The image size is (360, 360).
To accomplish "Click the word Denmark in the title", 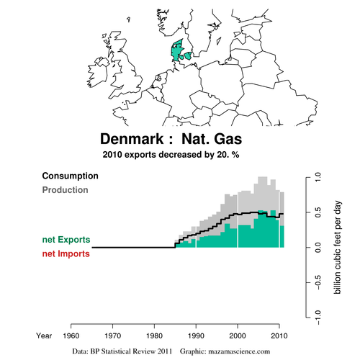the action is click(x=132, y=139).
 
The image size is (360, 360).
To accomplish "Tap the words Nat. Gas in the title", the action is click(x=212, y=139).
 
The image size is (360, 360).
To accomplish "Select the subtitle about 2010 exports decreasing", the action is click(x=171, y=155).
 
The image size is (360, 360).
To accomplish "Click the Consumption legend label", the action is click(x=70, y=176).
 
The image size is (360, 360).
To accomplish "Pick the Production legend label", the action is click(x=65, y=190).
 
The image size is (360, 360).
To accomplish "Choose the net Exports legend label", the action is click(x=66, y=240).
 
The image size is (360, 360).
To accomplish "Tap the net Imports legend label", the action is click(x=66, y=253).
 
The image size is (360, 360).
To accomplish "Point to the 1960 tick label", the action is click(x=71, y=336).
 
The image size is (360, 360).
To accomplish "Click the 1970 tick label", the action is click(x=112, y=336).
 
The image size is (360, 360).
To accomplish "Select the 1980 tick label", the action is click(x=154, y=336).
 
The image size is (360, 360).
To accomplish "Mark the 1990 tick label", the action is click(x=196, y=336).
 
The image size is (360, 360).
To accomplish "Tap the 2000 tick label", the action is click(x=238, y=336).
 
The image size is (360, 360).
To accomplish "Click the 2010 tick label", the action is click(x=279, y=336).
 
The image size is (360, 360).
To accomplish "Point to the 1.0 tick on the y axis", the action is click(x=318, y=177).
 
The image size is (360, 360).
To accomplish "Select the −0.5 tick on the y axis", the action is click(x=318, y=282).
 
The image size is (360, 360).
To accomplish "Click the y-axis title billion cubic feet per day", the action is click(x=337, y=247).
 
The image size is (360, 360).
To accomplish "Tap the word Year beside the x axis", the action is click(x=44, y=336).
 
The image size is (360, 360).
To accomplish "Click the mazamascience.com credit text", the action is click(x=239, y=351).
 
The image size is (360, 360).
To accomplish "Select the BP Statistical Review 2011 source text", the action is click(x=131, y=351).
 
